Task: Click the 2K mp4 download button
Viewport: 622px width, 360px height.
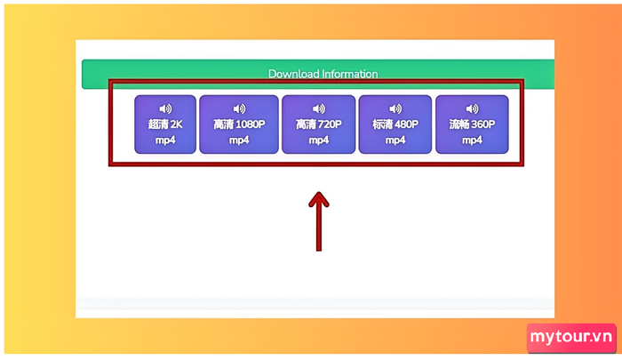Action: [165, 124]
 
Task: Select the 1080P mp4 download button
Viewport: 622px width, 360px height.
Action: [239, 124]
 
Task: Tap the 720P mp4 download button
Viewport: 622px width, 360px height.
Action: [318, 124]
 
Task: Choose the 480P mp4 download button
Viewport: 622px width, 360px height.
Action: [395, 124]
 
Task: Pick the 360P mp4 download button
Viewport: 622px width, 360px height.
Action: [472, 124]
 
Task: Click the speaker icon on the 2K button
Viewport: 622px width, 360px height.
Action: [165, 108]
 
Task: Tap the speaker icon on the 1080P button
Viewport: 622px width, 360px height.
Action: [239, 108]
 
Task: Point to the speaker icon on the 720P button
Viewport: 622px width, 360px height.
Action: [319, 108]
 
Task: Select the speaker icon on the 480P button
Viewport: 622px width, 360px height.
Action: [395, 108]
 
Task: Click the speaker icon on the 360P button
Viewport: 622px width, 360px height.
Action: [472, 108]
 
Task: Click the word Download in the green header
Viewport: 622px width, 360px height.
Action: [293, 74]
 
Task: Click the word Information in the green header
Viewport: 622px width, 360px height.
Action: [350, 74]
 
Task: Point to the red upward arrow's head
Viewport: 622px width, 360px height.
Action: [319, 199]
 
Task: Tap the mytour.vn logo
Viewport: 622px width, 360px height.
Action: [571, 338]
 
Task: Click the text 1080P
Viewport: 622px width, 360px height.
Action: [250, 124]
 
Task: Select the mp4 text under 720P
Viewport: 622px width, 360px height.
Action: [318, 140]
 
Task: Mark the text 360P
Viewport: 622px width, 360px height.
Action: [483, 124]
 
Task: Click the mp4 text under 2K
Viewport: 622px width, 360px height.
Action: [165, 140]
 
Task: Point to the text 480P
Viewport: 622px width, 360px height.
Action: [407, 124]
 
